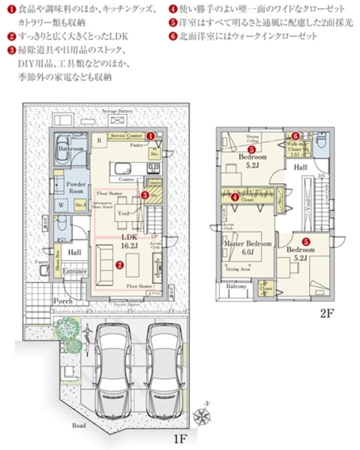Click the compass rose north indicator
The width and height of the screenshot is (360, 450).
203,414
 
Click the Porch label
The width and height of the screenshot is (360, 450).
63,301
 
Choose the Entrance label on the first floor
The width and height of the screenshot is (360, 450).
74,271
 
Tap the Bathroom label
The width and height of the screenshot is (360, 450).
70,149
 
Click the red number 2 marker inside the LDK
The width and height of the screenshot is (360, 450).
119,265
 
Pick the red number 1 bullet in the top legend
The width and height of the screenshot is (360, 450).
10,9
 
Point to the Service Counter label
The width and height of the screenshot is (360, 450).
126,135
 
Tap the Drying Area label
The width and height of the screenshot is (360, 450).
238,269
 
